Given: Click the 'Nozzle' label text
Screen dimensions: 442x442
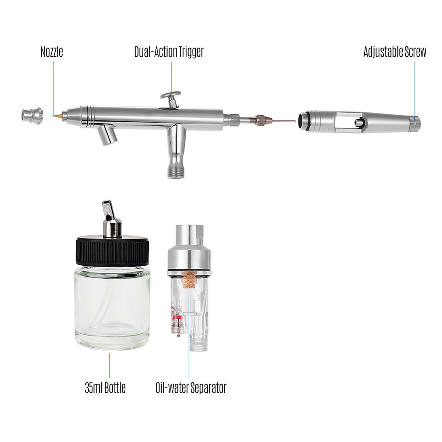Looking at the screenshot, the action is [52, 52].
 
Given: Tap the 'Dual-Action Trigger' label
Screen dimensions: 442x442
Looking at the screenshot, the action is [169, 52].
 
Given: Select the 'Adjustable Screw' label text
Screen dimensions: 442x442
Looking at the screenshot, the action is [395, 52].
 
